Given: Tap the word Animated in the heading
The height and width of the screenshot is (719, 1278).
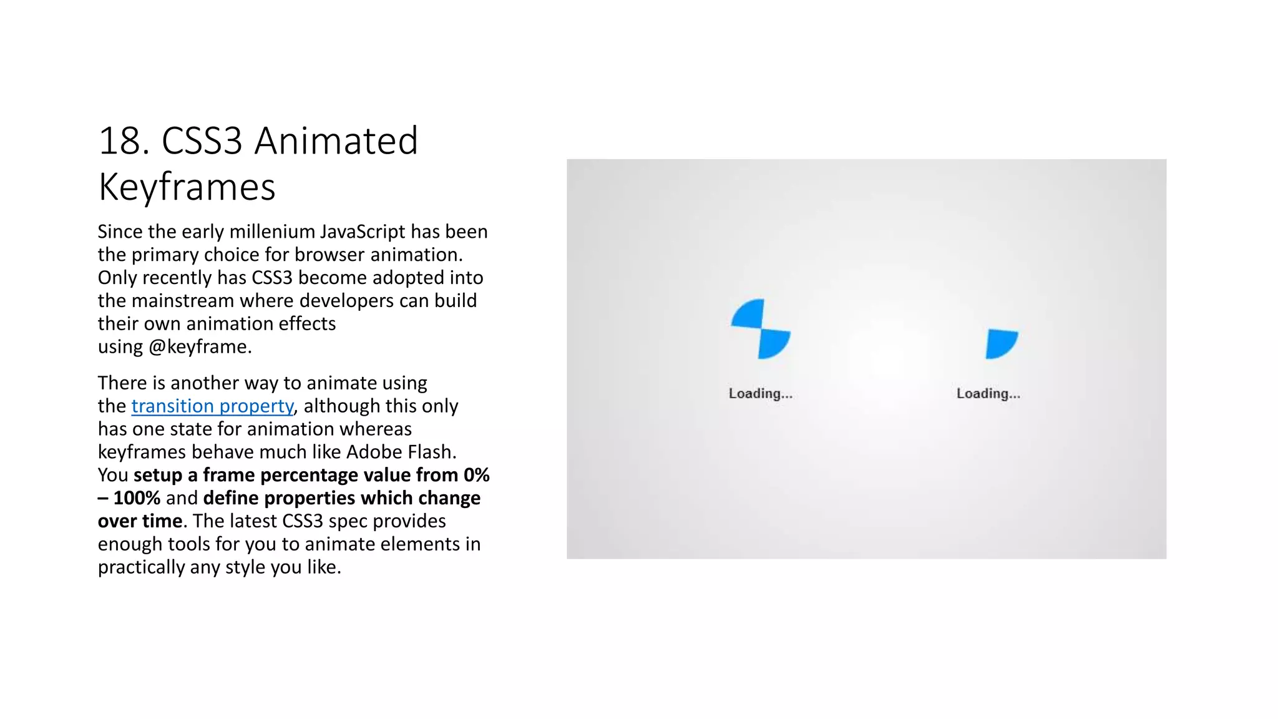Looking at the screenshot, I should tap(336, 141).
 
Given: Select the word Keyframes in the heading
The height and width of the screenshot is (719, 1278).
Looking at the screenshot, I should tap(187, 187).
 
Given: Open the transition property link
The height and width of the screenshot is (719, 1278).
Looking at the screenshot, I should tap(212, 406).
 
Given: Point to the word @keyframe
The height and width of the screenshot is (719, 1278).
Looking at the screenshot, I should tap(200, 347).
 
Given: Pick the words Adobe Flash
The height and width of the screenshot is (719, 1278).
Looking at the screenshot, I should tap(401, 452).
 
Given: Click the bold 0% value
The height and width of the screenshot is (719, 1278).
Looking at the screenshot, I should tap(476, 475).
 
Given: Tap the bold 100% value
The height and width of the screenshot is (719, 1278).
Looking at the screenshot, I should tap(137, 498).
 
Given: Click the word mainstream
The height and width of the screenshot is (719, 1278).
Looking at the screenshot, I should tap(183, 301).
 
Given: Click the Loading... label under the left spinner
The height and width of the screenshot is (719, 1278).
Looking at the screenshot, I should tap(760, 394).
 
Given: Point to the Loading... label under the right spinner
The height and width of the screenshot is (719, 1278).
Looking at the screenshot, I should tap(988, 394).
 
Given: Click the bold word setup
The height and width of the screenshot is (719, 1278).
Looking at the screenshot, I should tap(159, 475).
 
